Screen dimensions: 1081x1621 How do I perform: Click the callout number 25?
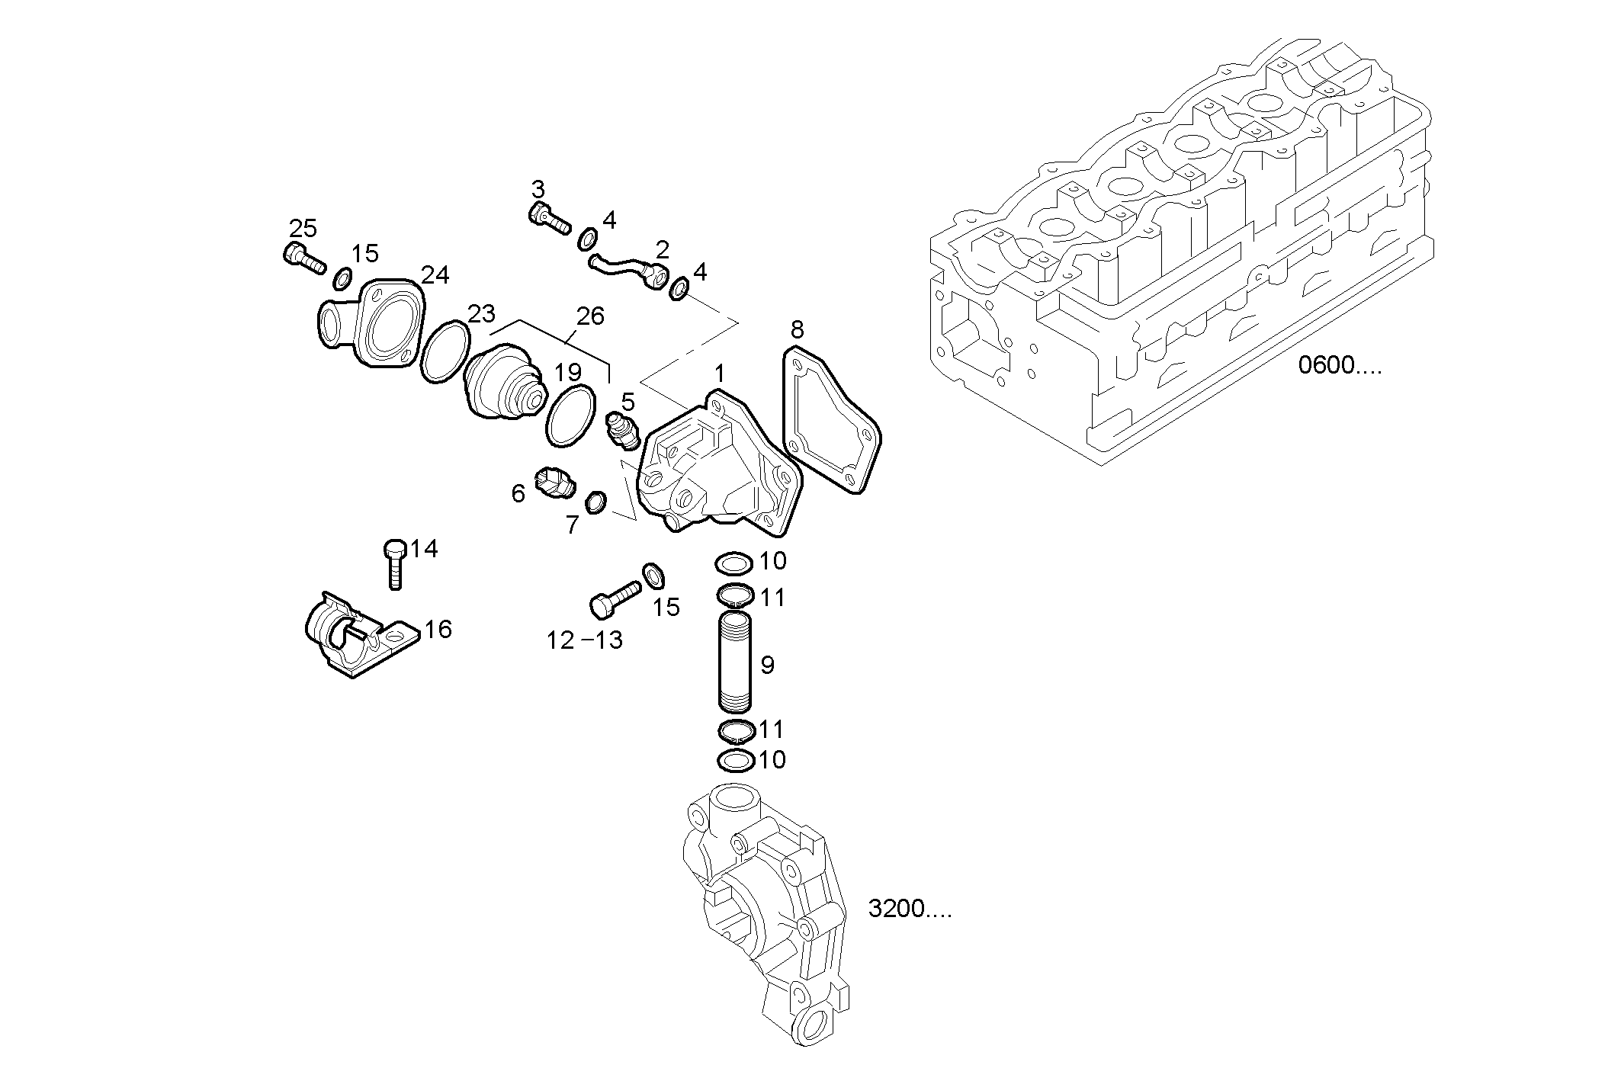point(303,228)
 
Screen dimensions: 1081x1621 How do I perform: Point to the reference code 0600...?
point(1340,366)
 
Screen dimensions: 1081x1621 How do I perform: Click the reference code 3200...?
point(910,909)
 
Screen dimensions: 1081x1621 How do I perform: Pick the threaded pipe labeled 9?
point(735,662)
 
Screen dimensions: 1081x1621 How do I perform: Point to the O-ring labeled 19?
point(570,416)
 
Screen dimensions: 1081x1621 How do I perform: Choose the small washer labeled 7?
point(595,502)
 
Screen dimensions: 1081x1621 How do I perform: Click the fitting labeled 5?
point(621,431)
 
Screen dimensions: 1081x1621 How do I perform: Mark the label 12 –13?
point(584,640)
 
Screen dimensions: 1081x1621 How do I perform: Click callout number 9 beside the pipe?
point(767,666)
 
